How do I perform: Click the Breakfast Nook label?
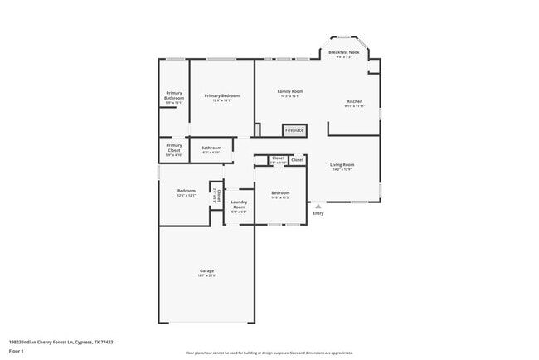tap(348, 52)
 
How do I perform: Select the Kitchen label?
tap(355, 101)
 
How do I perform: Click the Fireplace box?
tap(294, 130)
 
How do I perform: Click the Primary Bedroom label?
tap(221, 95)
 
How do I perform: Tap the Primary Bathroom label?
tap(174, 95)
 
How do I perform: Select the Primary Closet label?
tap(174, 148)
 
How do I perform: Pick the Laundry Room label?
tap(239, 204)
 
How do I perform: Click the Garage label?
tap(206, 270)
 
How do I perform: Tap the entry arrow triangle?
tap(318, 206)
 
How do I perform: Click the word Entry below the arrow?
tap(318, 213)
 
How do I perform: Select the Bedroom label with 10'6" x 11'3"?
tap(280, 192)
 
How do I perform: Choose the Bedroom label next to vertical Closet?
tap(186, 191)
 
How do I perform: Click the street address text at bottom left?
tap(61, 342)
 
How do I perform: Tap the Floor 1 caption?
tap(17, 351)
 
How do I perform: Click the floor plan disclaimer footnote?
tap(269, 353)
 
